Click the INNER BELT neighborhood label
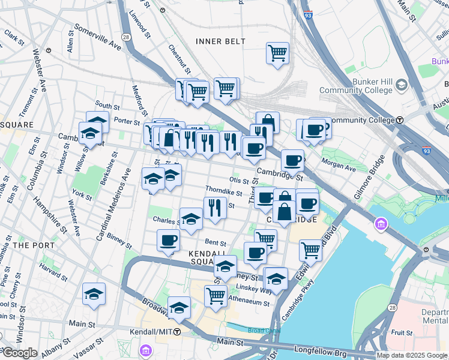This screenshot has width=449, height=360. coord(220,41)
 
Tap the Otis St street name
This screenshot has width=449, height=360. coord(239,180)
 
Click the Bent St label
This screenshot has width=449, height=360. coord(215,243)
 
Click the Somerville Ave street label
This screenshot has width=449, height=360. coord(97,37)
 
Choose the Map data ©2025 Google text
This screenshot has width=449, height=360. coord(411,355)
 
